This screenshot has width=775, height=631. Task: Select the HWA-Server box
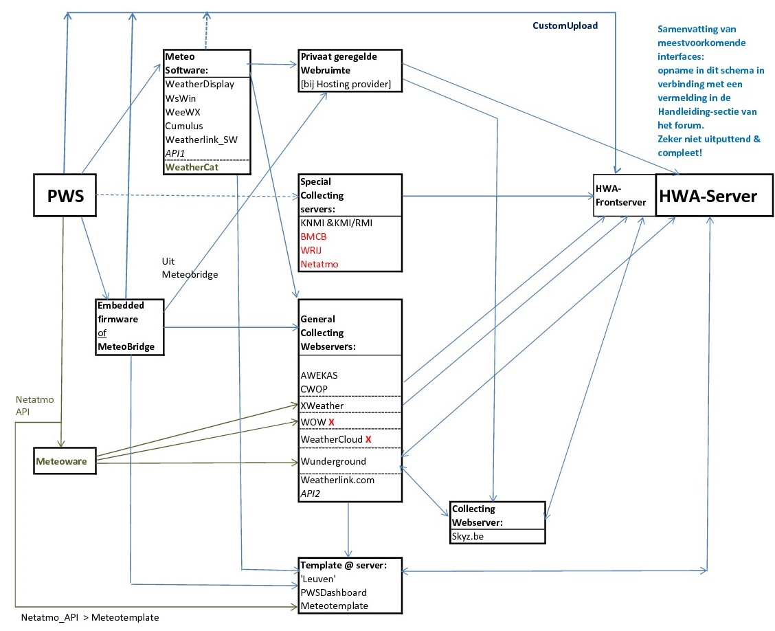click(708, 196)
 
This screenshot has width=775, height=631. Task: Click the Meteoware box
click(62, 461)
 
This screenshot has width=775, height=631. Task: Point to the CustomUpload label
click(565, 25)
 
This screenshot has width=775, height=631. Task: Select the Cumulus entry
click(184, 126)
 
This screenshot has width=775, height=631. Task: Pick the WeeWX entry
click(182, 112)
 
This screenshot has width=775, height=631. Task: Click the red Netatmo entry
click(319, 264)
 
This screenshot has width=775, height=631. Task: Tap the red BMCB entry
click(314, 236)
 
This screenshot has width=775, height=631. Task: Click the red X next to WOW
click(331, 421)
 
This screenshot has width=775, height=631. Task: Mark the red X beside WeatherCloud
click(368, 439)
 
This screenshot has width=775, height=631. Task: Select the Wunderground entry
click(333, 461)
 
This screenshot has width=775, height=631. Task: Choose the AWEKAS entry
click(319, 376)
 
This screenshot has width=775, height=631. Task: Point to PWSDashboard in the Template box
click(333, 592)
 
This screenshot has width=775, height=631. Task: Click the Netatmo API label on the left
click(30, 404)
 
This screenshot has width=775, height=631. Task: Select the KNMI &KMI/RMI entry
click(337, 223)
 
